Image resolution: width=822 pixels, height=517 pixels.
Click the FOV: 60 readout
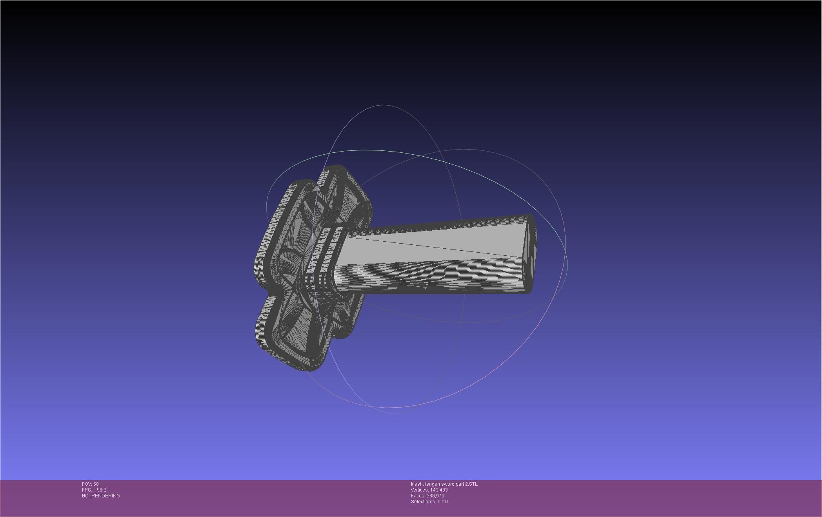click(90, 484)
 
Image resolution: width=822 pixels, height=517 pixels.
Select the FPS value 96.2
click(101, 490)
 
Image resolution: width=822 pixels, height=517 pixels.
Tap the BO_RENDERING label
click(101, 496)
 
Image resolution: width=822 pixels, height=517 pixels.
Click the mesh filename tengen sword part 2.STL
click(451, 484)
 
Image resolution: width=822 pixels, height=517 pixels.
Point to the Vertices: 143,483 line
click(429, 490)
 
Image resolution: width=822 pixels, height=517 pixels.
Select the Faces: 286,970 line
click(427, 496)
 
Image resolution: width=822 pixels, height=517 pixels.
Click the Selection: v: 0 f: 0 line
click(429, 502)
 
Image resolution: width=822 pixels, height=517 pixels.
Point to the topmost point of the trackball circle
click(382, 105)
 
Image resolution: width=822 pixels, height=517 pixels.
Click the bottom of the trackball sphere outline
click(392, 413)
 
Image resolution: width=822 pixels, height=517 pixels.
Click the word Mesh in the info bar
click(417, 484)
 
